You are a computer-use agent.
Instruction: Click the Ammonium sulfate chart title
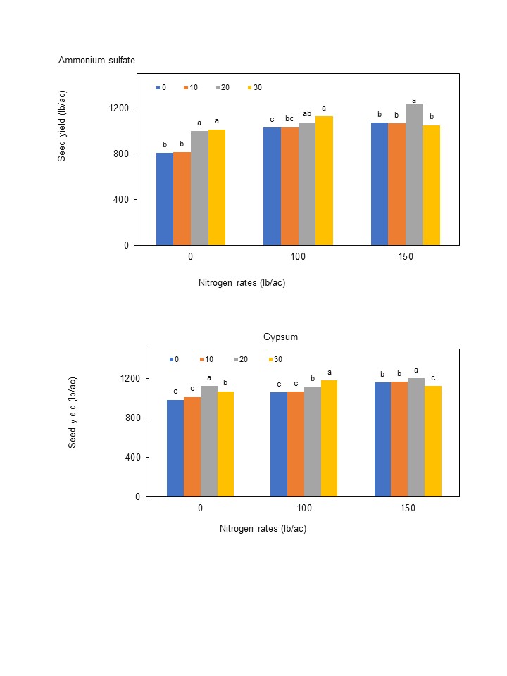coord(96,61)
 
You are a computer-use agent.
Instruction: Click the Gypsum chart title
coord(280,337)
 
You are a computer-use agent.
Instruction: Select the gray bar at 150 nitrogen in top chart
coord(414,175)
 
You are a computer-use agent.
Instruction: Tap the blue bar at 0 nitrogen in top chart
coord(165,199)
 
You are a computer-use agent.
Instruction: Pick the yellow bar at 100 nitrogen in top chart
coord(324,181)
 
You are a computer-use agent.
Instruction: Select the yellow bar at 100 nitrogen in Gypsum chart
coord(330,438)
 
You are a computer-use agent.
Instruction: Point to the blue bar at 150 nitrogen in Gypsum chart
coord(382,439)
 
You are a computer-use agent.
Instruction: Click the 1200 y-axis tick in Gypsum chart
coord(130,379)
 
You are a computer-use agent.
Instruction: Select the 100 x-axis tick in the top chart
coord(298,257)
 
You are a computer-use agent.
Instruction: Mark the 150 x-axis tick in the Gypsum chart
coord(408,508)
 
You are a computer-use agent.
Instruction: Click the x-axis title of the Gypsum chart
coord(263,529)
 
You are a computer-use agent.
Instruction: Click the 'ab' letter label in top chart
coord(307,114)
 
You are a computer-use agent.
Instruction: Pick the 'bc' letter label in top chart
coord(289,119)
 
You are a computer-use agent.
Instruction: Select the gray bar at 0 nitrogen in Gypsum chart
coord(209,441)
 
